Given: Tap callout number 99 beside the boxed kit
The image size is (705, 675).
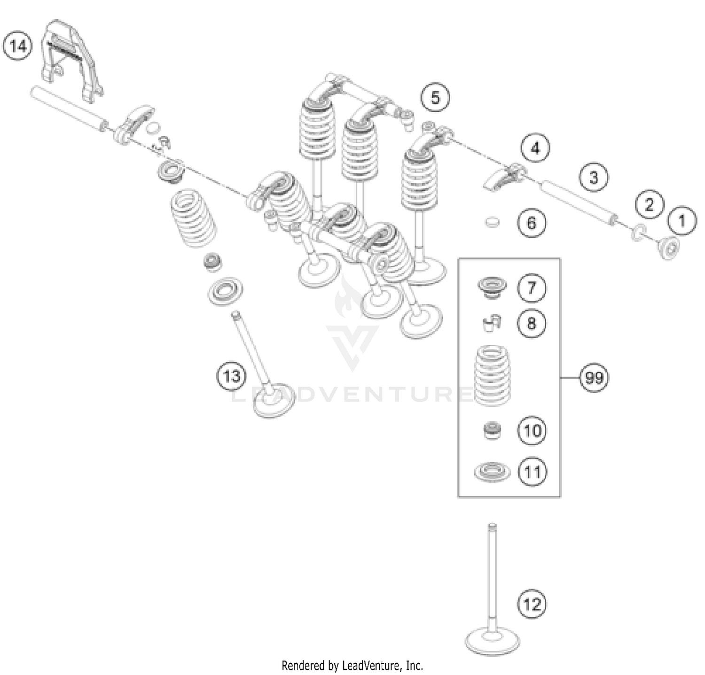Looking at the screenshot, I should (x=594, y=378).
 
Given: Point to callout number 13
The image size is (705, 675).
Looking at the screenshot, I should (x=231, y=376).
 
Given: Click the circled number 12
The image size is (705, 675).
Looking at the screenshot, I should (x=532, y=604).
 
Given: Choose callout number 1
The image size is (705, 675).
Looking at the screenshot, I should (x=682, y=220).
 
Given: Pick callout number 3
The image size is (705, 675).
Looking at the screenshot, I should (x=594, y=178).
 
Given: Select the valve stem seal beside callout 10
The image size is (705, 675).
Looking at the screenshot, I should (x=492, y=431).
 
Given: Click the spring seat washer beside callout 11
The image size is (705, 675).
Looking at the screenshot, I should (x=492, y=472).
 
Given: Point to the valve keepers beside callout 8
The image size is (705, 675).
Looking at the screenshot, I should (x=492, y=323).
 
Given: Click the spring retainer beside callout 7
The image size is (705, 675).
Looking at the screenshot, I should (x=492, y=287).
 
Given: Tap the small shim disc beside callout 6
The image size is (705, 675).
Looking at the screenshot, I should (x=492, y=222).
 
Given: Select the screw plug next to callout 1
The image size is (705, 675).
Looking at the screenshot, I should (x=668, y=248).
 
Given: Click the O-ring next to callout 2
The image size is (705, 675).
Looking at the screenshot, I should (x=637, y=232).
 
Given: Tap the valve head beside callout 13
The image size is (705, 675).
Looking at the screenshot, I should (x=274, y=403).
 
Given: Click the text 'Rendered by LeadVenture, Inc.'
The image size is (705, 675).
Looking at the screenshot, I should (x=352, y=665).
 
